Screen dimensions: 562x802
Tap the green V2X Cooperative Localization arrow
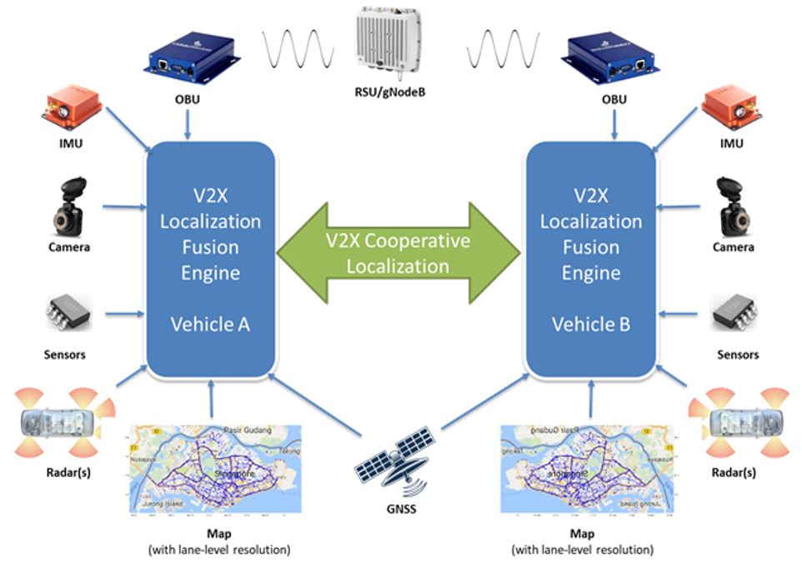click(398, 253)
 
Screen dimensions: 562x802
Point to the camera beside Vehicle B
click(734, 206)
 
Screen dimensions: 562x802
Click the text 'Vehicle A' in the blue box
click(210, 324)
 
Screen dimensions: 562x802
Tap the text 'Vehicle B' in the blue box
click(590, 324)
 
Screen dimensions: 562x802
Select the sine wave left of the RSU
click(298, 49)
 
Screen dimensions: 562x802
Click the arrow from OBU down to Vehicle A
click(188, 126)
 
